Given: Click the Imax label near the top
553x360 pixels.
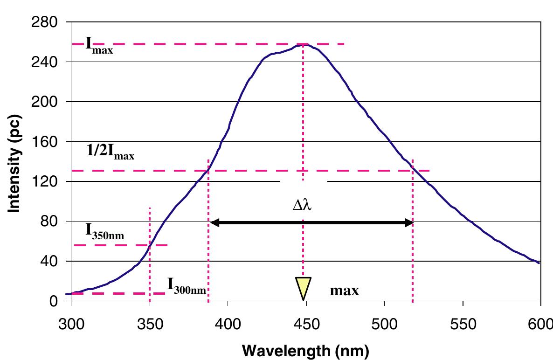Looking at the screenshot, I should click(99, 47).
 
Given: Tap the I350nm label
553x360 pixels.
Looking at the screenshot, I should click(104, 231).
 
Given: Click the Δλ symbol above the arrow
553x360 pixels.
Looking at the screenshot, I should click(302, 205).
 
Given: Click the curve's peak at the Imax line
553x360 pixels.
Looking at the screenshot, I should click(304, 45).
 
